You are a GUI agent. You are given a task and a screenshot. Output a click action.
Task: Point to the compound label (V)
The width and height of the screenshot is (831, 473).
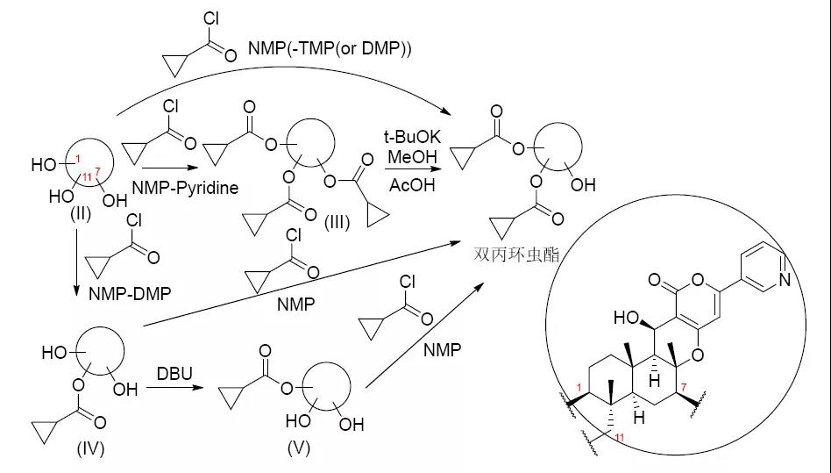[299, 449]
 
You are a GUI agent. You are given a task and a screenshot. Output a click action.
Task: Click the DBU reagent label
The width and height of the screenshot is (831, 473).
[173, 372]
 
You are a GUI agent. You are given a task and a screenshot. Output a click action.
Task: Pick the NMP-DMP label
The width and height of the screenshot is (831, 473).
[130, 292]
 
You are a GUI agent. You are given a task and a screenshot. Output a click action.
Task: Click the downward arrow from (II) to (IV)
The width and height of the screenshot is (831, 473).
[76, 263]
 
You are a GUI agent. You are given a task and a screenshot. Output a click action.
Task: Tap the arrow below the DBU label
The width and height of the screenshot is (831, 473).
[175, 387]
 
